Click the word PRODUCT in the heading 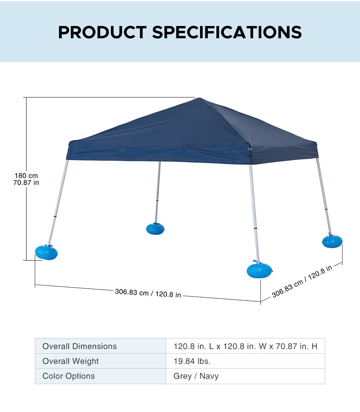[102, 32]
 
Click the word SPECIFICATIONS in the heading [227, 32]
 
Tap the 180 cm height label [26, 175]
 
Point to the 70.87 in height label [26, 182]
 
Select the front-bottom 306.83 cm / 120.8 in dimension [148, 293]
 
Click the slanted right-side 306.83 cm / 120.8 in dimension [302, 281]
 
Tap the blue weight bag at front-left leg [46, 252]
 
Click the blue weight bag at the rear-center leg [155, 228]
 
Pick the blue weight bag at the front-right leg [259, 269]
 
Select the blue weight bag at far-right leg [332, 241]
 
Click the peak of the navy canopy [199, 98]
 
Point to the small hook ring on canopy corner [250, 149]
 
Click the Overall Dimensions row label [79, 346]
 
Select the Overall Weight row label [71, 361]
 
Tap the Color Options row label [69, 376]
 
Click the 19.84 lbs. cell [192, 361]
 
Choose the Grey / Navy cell [196, 376]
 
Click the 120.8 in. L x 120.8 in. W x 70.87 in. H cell [246, 346]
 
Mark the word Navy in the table [209, 376]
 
